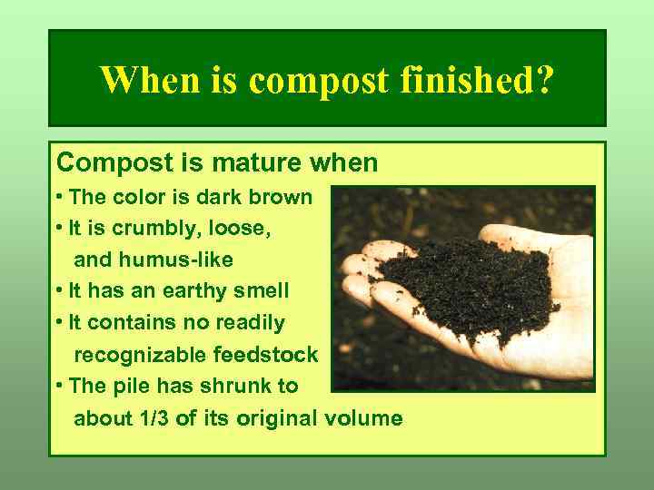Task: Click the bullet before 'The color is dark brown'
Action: pyautogui.click(x=59, y=197)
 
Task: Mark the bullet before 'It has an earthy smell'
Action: pyautogui.click(x=59, y=291)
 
